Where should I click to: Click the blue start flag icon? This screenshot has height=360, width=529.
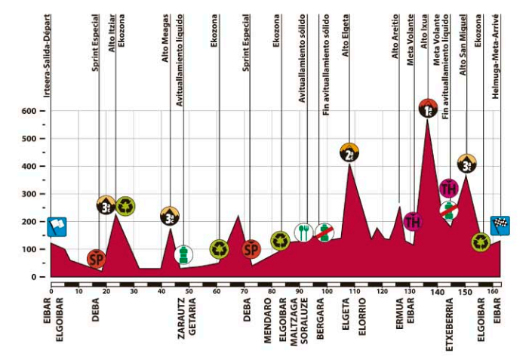(57, 226)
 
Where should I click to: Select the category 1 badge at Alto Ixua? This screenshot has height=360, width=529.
(428, 109)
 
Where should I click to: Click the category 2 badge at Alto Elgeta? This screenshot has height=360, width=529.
(349, 152)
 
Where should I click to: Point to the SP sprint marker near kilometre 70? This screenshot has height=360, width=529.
(251, 248)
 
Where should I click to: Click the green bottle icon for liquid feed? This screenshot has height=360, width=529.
(183, 254)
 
